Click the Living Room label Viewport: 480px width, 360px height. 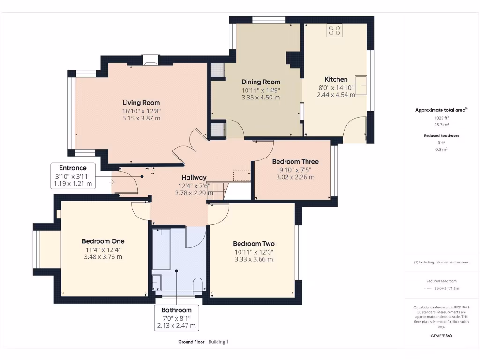click(x=141, y=103)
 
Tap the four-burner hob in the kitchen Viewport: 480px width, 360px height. click(x=335, y=31)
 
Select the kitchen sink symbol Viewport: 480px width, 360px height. click(x=361, y=85)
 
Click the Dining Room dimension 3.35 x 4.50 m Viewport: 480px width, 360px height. click(x=261, y=97)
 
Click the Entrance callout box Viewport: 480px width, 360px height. click(x=73, y=176)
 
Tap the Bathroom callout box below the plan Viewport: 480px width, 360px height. click(x=176, y=318)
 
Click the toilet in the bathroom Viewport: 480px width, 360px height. click(x=197, y=286)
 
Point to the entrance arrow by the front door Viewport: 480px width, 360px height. click(x=112, y=182)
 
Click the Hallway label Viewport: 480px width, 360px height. click(x=194, y=178)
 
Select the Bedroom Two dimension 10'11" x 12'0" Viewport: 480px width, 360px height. click(x=254, y=252)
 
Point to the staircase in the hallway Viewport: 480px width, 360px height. click(x=217, y=190)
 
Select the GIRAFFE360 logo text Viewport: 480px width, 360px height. click(x=441, y=336)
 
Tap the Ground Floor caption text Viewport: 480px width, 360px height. click(x=191, y=342)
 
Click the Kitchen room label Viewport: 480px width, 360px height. click(x=336, y=79)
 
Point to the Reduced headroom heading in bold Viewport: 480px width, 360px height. click(x=441, y=135)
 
